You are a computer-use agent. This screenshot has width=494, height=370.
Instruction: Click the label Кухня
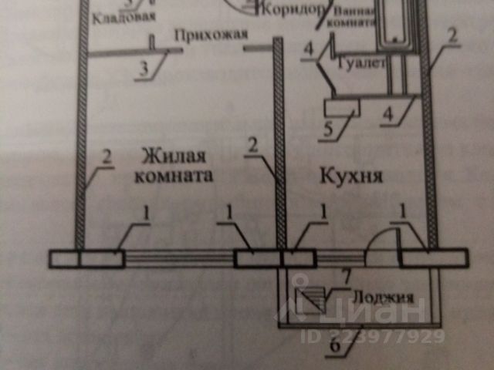click(x=351, y=176)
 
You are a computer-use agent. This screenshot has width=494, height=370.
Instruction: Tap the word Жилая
click(x=165, y=157)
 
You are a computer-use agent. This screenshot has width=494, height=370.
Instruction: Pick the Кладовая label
click(x=123, y=15)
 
